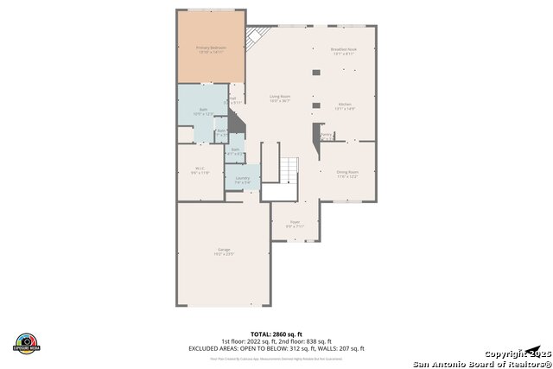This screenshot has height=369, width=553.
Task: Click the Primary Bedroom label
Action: coord(210,48)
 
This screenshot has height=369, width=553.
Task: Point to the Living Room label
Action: coord(279,96)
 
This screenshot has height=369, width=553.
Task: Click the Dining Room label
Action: coord(347,172)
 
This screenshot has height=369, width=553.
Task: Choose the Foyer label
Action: coord(294,222)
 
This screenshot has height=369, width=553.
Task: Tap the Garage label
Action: coord(223,250)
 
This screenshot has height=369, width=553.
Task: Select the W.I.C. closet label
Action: coord(200,169)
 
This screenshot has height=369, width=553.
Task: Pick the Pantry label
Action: coord(326,135)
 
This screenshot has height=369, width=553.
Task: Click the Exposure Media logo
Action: coord(27,342)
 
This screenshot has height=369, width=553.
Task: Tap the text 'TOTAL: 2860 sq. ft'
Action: coord(276,334)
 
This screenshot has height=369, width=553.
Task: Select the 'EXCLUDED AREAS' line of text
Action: coord(276,348)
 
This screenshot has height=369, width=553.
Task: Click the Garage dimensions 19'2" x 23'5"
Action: coord(223,255)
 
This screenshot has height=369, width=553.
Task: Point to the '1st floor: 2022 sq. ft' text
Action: coord(251,341)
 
